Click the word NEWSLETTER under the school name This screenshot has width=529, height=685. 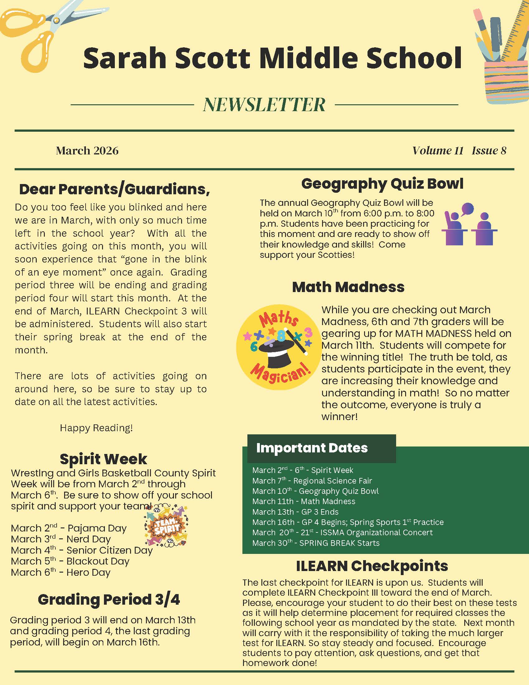(264, 104)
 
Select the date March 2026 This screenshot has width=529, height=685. (87, 151)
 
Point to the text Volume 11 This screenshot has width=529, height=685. (438, 151)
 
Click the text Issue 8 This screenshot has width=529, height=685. (489, 151)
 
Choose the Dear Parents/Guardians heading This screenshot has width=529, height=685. (115, 189)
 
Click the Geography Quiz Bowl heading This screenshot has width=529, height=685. (382, 184)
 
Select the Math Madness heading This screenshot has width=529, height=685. (348, 287)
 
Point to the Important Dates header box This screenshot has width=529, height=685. (321, 448)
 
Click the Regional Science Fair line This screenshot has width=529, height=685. (312, 481)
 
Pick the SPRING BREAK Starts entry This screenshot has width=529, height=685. (316, 543)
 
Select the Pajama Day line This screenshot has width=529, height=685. (69, 528)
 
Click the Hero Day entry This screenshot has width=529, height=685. (61, 572)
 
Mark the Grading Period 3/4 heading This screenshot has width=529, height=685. (109, 600)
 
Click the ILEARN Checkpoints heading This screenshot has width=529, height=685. (372, 566)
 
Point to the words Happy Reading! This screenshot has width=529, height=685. (96, 428)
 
